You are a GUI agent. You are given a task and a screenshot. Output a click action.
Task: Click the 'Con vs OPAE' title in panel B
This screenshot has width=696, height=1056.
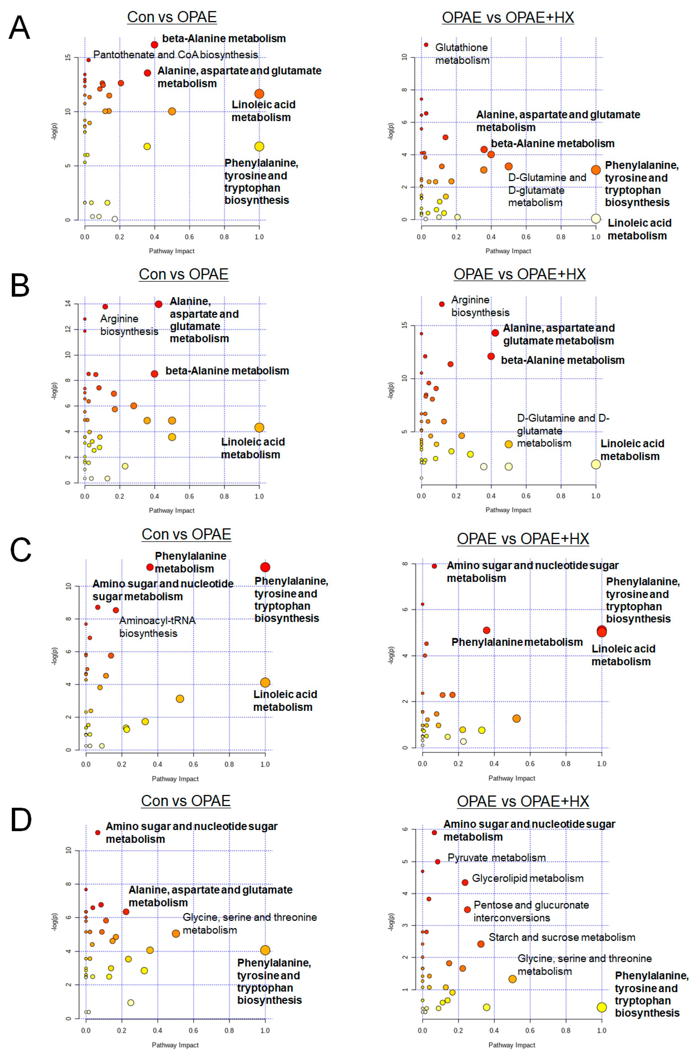click(183, 274)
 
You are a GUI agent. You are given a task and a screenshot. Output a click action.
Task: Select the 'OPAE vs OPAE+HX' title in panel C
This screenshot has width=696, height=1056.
click(523, 539)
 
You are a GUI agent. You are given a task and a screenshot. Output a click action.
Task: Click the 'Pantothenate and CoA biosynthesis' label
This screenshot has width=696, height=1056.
click(175, 55)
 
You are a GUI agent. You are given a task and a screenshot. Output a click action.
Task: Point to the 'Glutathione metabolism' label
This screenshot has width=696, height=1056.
click(462, 54)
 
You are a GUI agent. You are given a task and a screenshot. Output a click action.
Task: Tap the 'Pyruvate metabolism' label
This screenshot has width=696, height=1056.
click(496, 858)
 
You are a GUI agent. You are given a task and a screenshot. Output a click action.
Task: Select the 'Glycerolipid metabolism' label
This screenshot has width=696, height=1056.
click(527, 879)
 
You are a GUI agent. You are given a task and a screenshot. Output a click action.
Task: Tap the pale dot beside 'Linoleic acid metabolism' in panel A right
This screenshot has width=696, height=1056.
click(596, 218)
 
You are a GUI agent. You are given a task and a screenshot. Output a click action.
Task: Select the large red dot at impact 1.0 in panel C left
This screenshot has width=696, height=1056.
click(265, 567)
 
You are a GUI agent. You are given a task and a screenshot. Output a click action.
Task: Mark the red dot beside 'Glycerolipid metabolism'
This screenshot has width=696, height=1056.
click(465, 883)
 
